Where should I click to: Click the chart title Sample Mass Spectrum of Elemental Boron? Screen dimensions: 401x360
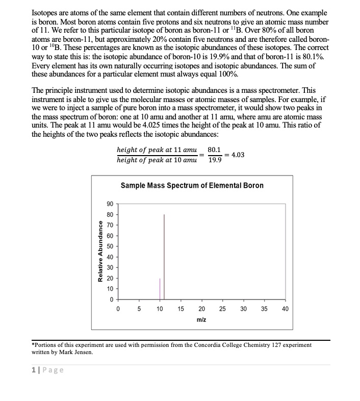click(192, 185)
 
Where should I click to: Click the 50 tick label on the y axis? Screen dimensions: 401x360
click(110, 246)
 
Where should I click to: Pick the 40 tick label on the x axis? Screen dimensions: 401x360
click(285, 309)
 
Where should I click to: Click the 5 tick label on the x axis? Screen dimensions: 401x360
click(139, 309)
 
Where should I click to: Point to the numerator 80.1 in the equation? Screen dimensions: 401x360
click(215, 150)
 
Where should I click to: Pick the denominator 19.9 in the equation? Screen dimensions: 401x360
click(215, 160)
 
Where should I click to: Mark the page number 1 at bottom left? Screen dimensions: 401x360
click(34, 370)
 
